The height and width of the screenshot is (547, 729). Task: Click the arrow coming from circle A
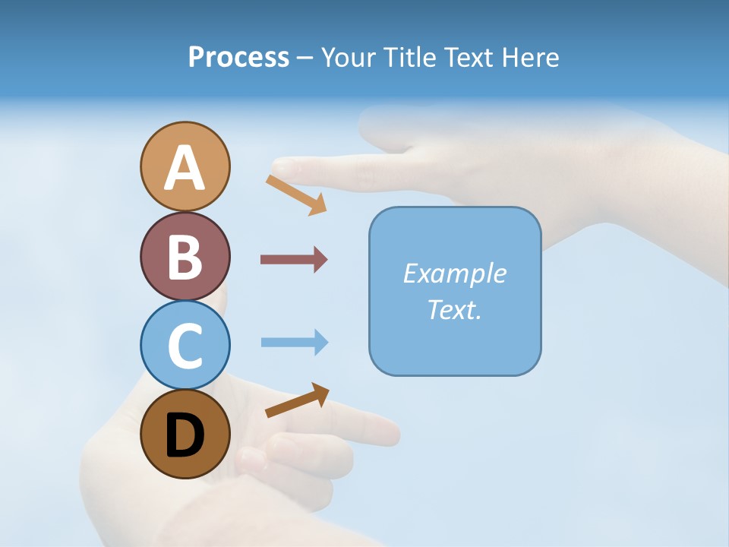click(296, 194)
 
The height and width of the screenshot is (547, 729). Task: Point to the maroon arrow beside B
click(293, 259)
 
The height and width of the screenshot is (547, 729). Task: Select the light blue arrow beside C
click(294, 342)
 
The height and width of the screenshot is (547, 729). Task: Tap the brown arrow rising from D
click(297, 400)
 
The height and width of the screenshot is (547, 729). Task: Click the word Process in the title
click(238, 57)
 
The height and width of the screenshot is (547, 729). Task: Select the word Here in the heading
click(529, 57)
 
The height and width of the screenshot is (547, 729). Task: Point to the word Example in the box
click(454, 273)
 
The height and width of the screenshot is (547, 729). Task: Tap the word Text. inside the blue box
click(454, 309)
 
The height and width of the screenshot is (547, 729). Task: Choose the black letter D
click(185, 436)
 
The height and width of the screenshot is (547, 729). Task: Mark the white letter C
click(185, 346)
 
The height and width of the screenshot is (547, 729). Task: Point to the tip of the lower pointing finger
click(393, 434)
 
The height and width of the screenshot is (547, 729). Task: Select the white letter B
click(185, 257)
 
